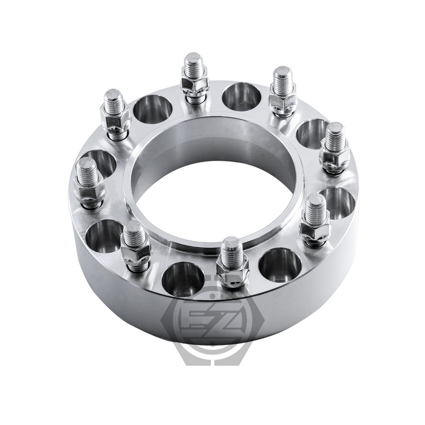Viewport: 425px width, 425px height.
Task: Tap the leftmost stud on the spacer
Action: click(x=88, y=176)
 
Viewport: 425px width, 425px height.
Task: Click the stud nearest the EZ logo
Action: click(x=232, y=255)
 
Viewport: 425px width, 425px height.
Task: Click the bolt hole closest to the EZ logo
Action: click(x=183, y=279)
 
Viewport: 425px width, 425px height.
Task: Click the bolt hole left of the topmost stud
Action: click(x=152, y=109)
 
